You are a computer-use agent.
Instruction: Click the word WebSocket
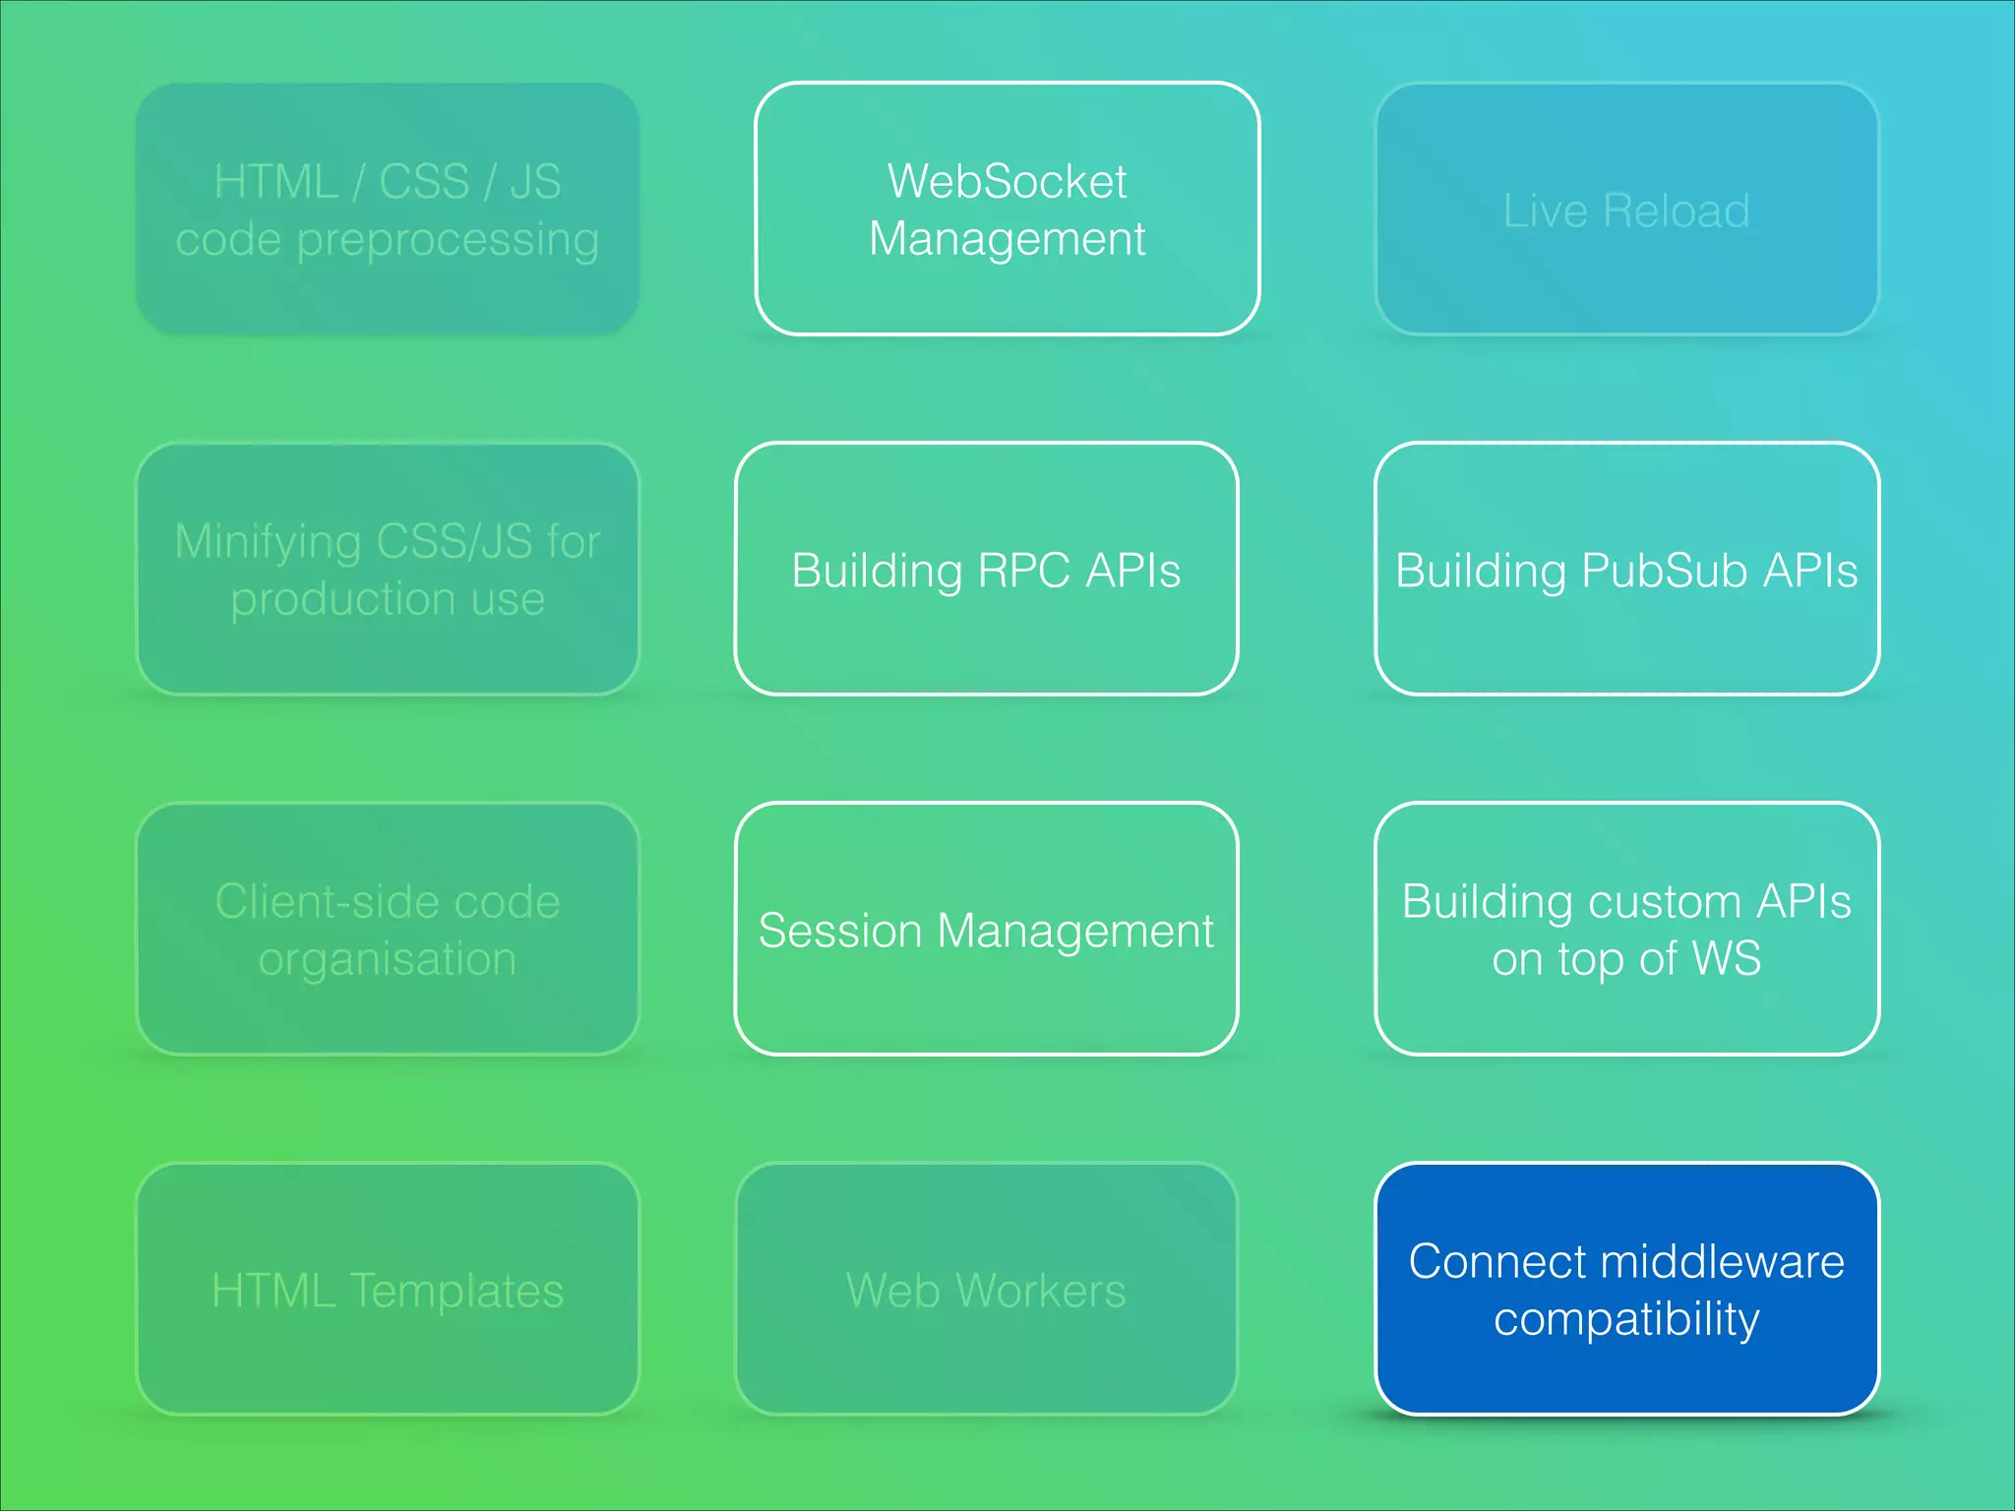tap(1007, 182)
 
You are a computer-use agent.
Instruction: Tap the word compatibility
tap(1626, 1320)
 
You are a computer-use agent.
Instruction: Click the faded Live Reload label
tap(1626, 211)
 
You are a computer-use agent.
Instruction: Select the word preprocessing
tap(448, 241)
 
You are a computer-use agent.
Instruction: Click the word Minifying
tap(268, 542)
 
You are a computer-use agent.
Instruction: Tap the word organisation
tap(387, 960)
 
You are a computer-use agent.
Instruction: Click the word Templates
tap(457, 1292)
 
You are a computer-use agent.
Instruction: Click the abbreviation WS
tap(1727, 959)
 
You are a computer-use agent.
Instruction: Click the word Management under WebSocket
tap(1007, 240)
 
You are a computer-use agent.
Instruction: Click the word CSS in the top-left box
tap(424, 182)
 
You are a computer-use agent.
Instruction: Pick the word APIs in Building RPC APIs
tap(1132, 571)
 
